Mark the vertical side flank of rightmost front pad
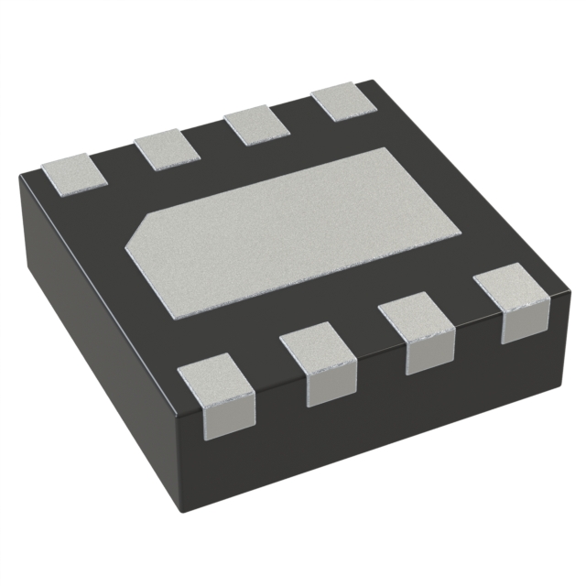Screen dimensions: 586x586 (x=522, y=326)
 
